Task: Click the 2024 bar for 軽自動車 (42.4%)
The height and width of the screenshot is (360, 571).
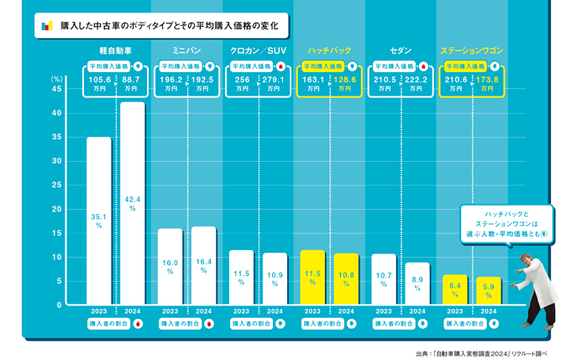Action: [133, 203]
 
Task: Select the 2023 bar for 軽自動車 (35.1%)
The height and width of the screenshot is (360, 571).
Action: [98, 220]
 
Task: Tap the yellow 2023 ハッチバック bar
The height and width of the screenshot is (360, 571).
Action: [312, 277]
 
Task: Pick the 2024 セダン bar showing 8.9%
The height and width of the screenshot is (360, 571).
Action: [417, 284]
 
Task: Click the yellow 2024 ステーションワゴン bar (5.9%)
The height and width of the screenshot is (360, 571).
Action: [489, 290]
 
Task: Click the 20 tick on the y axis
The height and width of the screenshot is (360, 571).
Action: [56, 209]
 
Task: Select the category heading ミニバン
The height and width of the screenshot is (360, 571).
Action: [186, 51]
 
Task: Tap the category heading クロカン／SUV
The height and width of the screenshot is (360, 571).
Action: [258, 51]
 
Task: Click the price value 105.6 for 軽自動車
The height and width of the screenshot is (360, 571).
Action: [100, 80]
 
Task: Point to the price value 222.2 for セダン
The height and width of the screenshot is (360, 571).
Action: [416, 80]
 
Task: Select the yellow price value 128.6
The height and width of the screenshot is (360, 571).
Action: [345, 80]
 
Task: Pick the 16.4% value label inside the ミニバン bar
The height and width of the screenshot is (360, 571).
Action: [204, 266]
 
